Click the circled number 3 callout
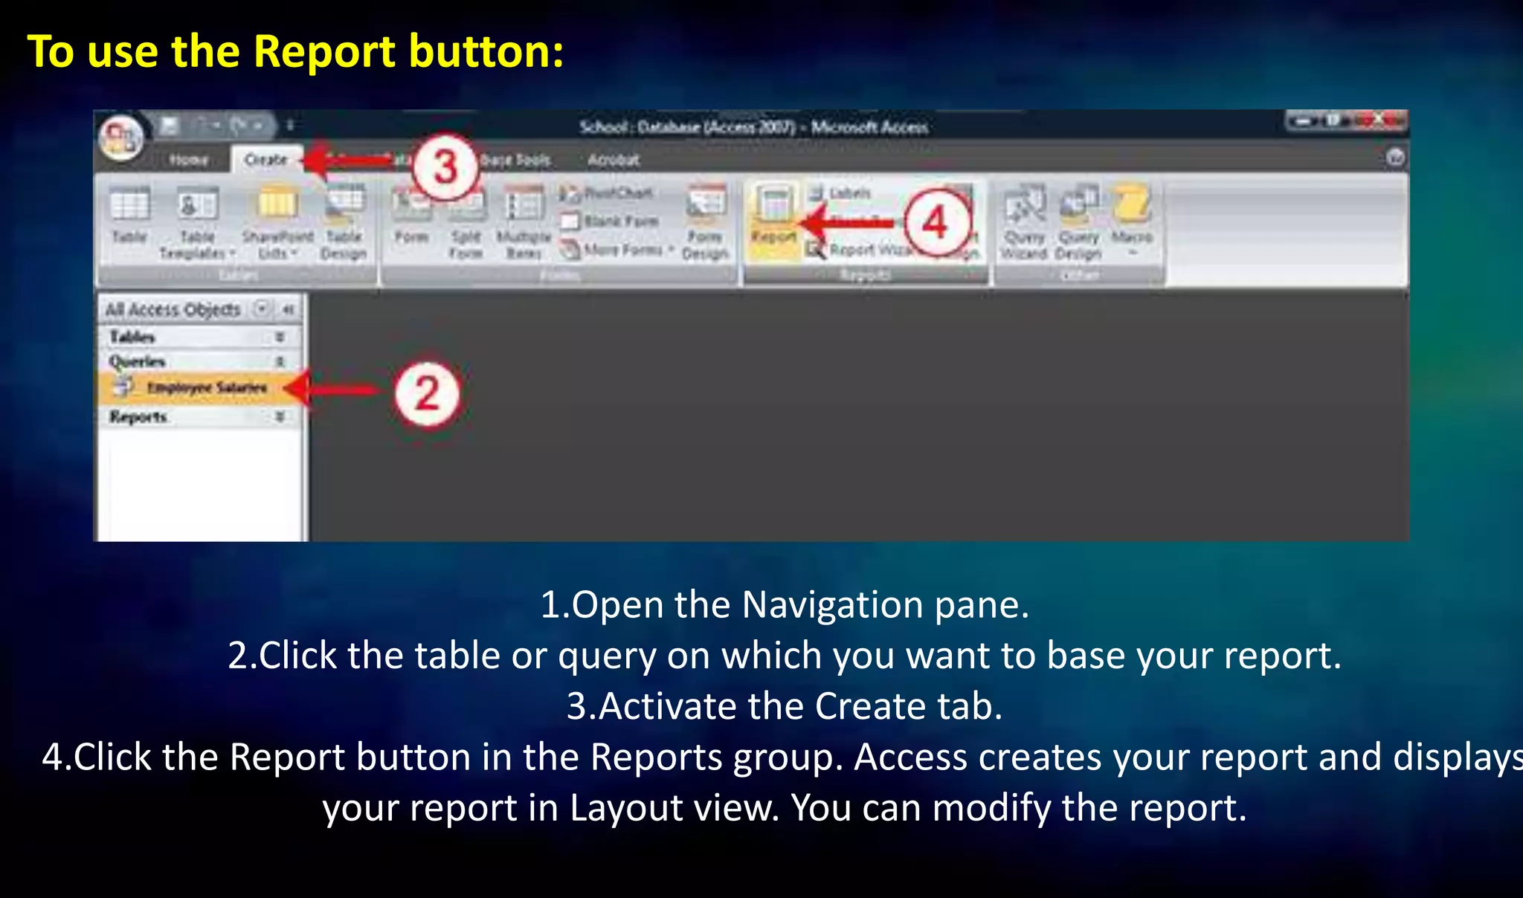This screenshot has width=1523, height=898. pyautogui.click(x=445, y=167)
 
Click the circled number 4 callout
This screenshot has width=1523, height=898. pyautogui.click(x=936, y=222)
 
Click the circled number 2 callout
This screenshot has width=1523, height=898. pyautogui.click(x=427, y=393)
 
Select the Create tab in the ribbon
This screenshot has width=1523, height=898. pyautogui.click(x=265, y=159)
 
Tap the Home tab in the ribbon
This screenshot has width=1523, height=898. pyautogui.click(x=188, y=160)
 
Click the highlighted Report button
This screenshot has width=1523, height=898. pyautogui.click(x=773, y=219)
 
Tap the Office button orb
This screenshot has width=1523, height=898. pyautogui.click(x=121, y=138)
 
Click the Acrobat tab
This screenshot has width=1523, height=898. pyautogui.click(x=613, y=160)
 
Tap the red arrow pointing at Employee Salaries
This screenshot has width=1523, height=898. pyautogui.click(x=331, y=389)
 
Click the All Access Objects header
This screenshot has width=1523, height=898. pyautogui.click(x=173, y=309)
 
